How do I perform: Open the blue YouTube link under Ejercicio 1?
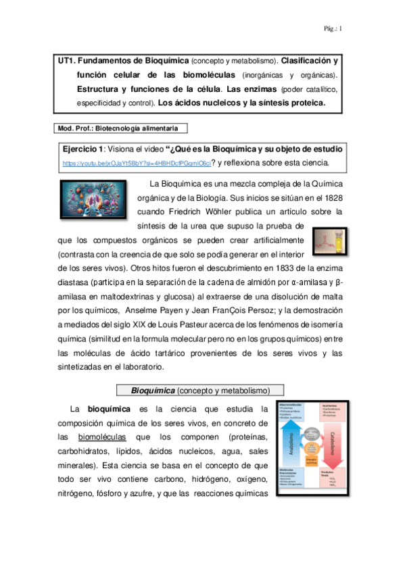pos(136,164)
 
